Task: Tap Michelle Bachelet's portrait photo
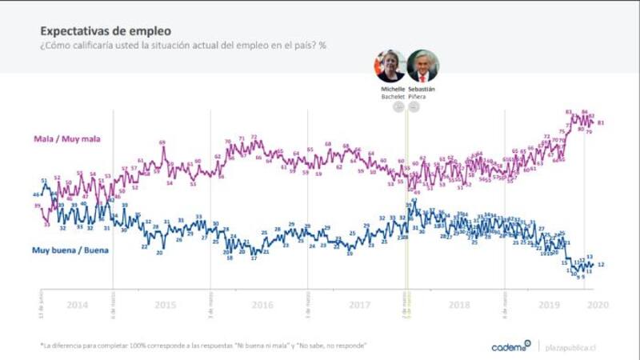pos(390,66)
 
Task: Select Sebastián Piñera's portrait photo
pos(422,66)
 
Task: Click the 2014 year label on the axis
pos(77,306)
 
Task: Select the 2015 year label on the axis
pos(165,306)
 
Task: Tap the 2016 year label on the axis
pos(262,306)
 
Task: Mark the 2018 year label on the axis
pos(458,306)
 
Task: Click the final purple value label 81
pos(600,122)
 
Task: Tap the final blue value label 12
pos(601,264)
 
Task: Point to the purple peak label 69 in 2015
pos(162,143)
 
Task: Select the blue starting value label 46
pos(36,194)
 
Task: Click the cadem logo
pos(511,346)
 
